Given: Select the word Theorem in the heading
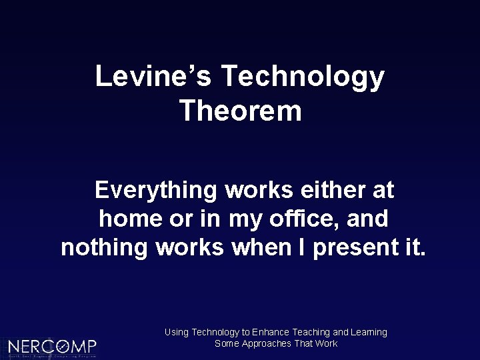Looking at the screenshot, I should click(241, 111).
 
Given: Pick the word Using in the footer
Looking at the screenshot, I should click(175, 332).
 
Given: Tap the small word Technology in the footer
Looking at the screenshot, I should click(214, 332).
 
